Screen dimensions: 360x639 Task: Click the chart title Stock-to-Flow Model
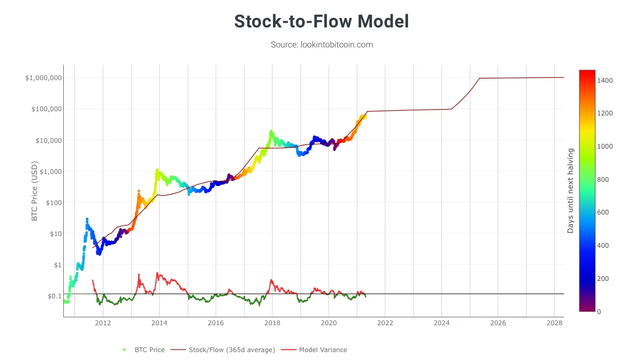pyautogui.click(x=322, y=22)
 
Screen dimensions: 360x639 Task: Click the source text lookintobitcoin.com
pyautogui.click(x=322, y=45)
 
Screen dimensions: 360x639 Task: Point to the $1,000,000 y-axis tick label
pyautogui.click(x=44, y=78)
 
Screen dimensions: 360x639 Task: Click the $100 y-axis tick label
pyautogui.click(x=52, y=202)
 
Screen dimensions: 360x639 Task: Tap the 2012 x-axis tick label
pyautogui.click(x=103, y=322)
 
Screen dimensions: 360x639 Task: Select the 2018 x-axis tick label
pyautogui.click(x=272, y=322)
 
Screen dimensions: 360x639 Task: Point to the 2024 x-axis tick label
pyautogui.click(x=441, y=322)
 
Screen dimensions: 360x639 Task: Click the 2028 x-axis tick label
pyautogui.click(x=554, y=322)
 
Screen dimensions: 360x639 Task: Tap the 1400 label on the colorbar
pyautogui.click(x=605, y=80)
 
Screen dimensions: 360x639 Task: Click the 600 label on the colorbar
pyautogui.click(x=603, y=212)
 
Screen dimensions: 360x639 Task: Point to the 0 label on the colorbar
pyautogui.click(x=599, y=312)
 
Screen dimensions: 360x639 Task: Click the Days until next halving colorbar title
pyautogui.click(x=570, y=191)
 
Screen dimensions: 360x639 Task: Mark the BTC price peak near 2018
pyautogui.click(x=271, y=131)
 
